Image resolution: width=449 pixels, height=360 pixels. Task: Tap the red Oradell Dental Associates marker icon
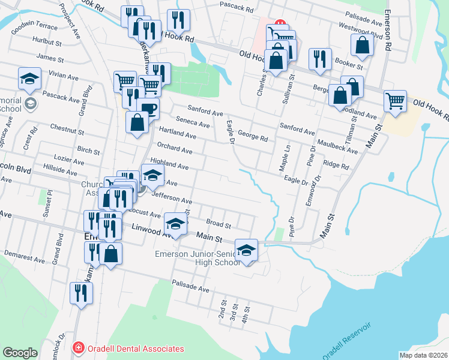(77, 348)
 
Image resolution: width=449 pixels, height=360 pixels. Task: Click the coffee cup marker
(148, 109)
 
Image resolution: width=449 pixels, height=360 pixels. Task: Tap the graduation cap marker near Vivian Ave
(29, 78)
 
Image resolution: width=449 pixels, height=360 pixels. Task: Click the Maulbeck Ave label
(338, 148)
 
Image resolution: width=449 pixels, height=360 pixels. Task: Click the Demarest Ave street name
(25, 257)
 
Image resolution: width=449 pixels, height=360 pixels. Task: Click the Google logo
(20, 353)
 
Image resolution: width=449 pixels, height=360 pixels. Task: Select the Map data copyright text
(423, 355)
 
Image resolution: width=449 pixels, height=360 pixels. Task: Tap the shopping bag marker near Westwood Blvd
(363, 44)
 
